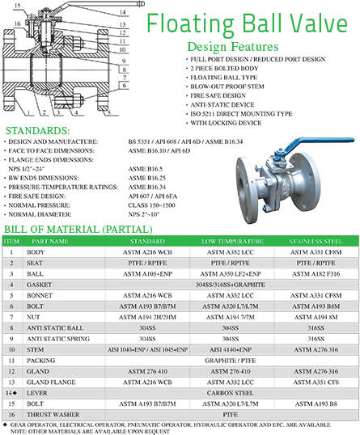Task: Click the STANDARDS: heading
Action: tap(38, 130)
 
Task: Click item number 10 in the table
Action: tap(11, 348)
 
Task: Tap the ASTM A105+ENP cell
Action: tap(141, 274)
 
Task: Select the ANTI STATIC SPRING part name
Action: tap(59, 337)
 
